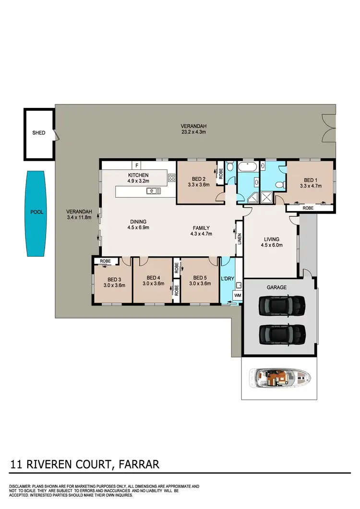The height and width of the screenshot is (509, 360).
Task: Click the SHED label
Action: click(x=38, y=133)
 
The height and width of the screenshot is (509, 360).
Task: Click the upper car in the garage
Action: click(x=282, y=306)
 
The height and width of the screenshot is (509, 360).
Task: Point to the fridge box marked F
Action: click(x=137, y=165)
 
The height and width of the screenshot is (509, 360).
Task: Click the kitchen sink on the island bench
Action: click(x=154, y=191)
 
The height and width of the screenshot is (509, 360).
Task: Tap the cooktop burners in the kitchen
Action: click(x=172, y=178)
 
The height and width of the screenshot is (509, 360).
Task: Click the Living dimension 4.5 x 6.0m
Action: click(x=272, y=245)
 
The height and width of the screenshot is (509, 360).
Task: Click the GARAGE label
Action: click(x=276, y=287)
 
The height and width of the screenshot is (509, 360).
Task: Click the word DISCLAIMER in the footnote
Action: click(x=21, y=486)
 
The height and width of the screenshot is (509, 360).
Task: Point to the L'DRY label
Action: click(x=227, y=278)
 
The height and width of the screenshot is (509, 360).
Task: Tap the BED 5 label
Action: click(x=199, y=278)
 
